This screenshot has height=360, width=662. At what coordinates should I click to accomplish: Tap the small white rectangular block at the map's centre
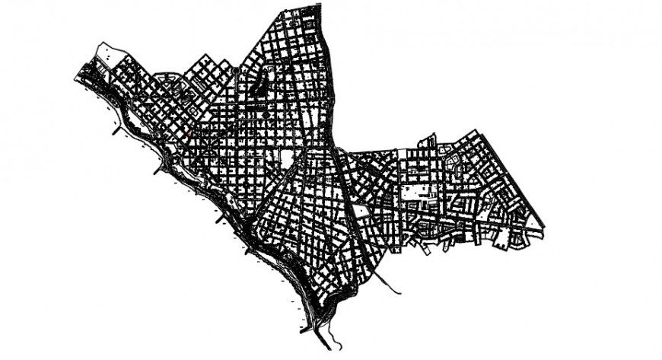pyautogui.click(x=288, y=158)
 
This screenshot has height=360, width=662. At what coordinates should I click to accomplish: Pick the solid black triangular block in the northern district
pyautogui.click(x=259, y=87)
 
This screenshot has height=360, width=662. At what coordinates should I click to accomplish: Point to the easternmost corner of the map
pyautogui.click(x=546, y=227)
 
